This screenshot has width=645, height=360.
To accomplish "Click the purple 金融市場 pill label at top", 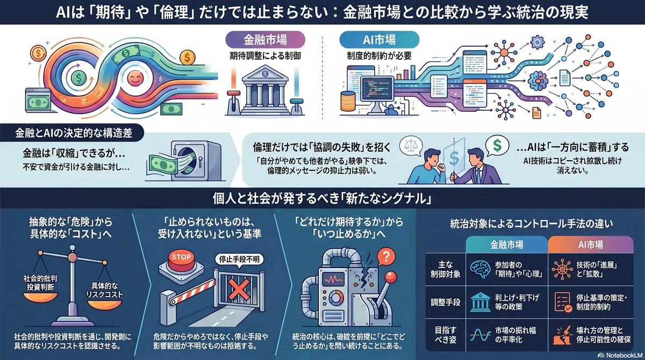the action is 265,40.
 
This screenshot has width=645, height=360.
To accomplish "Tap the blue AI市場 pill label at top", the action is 379,40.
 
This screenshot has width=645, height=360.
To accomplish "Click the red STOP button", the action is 181,258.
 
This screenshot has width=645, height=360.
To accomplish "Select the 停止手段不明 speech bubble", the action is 239,260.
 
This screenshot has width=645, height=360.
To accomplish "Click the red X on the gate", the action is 239,290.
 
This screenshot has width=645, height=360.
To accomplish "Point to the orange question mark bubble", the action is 386,256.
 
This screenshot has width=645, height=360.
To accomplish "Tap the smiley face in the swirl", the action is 135,78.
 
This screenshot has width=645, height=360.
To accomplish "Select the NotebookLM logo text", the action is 620,355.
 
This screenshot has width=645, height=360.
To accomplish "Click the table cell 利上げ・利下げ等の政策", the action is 507,302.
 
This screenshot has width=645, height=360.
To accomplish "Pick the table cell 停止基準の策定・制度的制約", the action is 591,302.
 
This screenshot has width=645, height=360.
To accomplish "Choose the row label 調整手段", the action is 446,302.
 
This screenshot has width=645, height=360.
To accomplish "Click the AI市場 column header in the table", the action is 591,245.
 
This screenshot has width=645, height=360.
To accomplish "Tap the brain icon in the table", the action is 481,269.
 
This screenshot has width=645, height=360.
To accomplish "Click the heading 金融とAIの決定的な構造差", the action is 74,133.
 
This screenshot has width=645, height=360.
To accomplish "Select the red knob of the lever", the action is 391,277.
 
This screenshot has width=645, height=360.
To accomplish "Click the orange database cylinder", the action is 348,101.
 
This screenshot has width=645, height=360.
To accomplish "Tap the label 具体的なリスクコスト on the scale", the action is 104,290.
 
